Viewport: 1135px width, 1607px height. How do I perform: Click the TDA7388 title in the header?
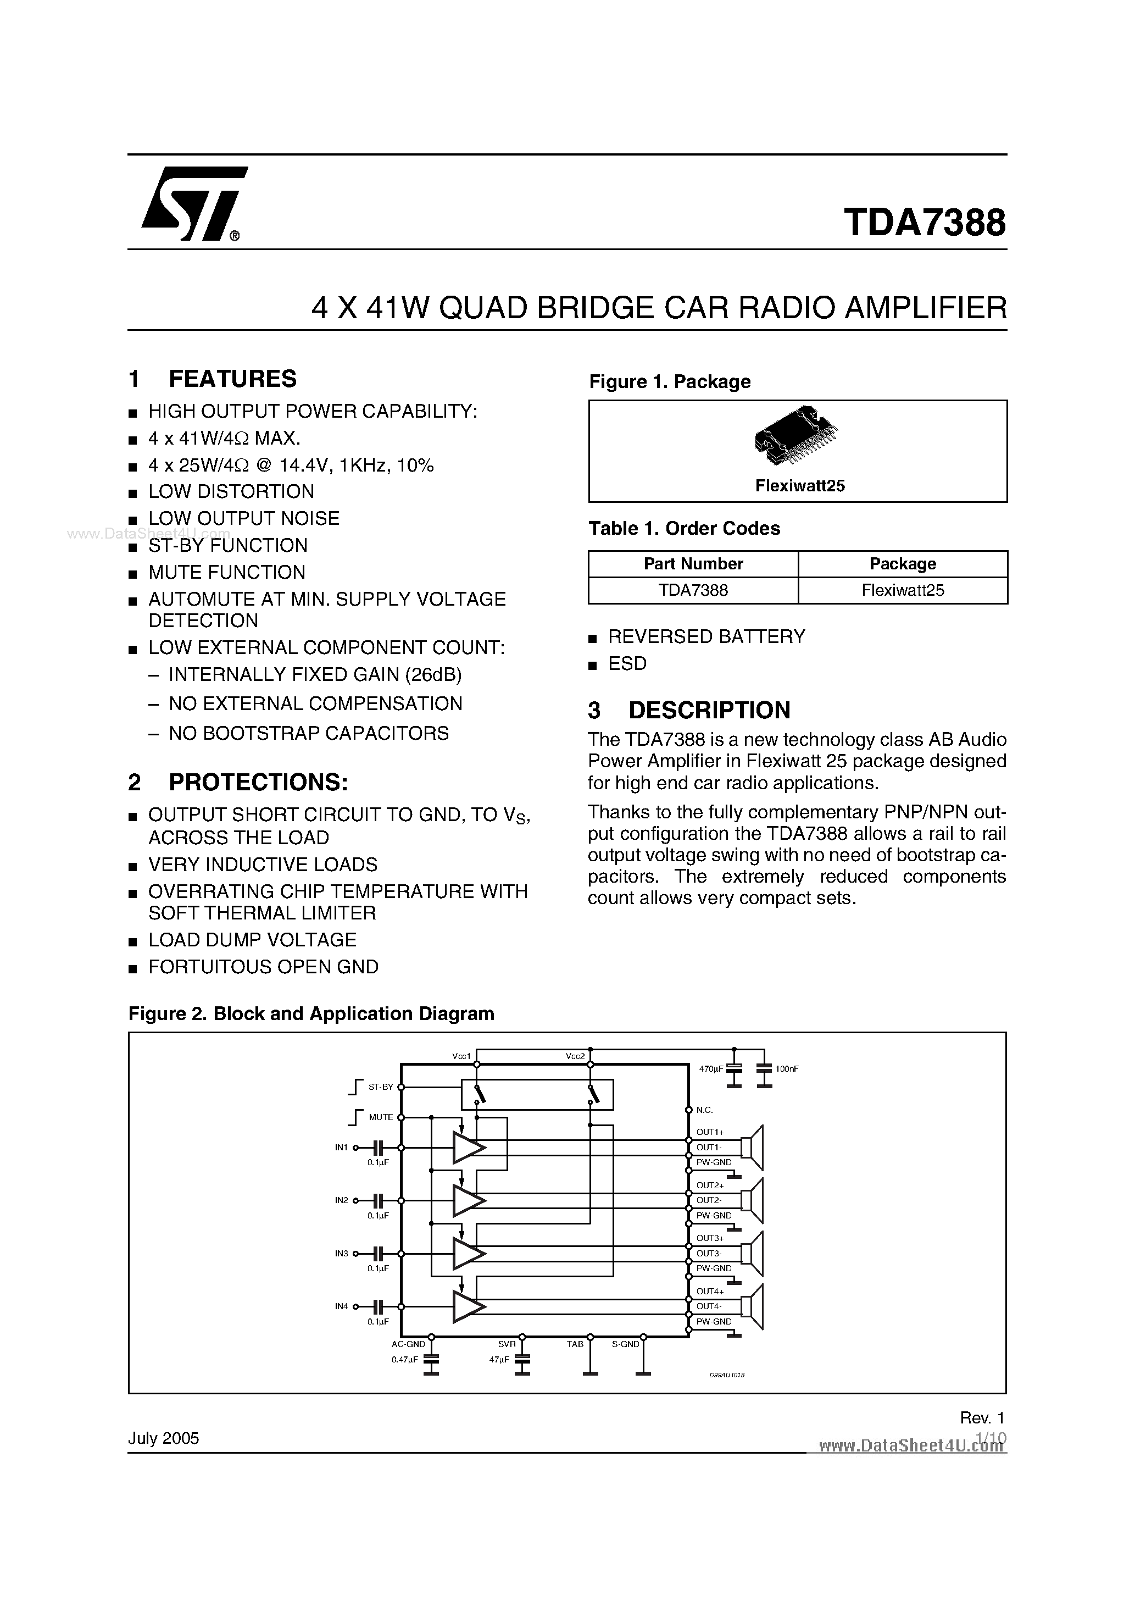[x=925, y=223]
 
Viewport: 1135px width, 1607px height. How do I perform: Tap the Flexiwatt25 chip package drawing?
[x=797, y=435]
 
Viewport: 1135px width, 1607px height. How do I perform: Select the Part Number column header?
[x=693, y=563]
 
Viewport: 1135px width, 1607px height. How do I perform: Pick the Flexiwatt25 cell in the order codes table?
[x=903, y=590]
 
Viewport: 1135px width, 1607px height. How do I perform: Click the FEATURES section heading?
[x=232, y=379]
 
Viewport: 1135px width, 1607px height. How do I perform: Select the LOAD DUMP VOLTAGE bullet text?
[x=252, y=939]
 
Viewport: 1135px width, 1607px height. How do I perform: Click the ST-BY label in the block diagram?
[x=381, y=1087]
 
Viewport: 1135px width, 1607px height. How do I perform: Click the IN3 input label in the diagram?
[x=342, y=1253]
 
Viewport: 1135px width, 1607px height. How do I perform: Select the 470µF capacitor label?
[x=710, y=1069]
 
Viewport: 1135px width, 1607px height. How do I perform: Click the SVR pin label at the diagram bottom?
[x=507, y=1344]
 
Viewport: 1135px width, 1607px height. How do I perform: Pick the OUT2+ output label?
[x=710, y=1185]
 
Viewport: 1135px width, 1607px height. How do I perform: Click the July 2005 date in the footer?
[x=164, y=1438]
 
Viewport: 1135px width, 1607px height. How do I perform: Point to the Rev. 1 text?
[x=982, y=1417]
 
